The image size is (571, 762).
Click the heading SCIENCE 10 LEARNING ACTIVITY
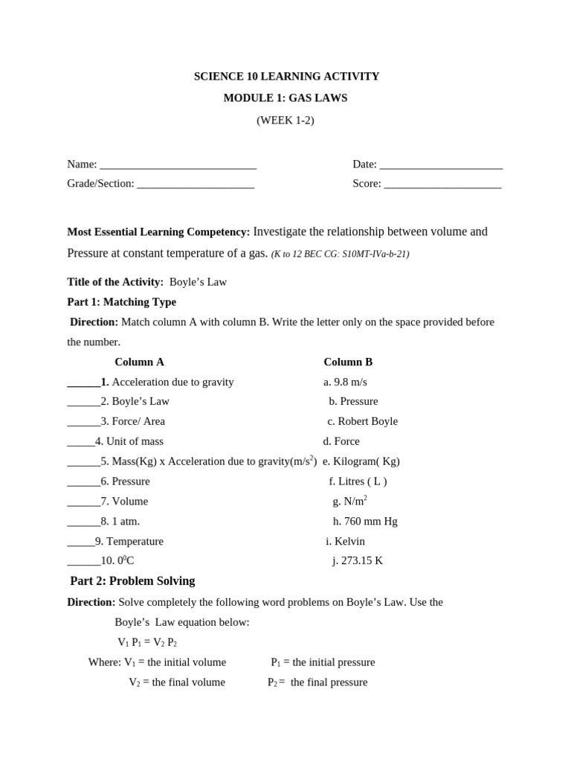(x=286, y=77)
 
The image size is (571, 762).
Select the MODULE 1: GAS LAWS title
(x=285, y=98)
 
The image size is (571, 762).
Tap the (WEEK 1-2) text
(x=285, y=121)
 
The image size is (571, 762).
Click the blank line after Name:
(x=178, y=166)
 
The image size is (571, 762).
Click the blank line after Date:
(x=441, y=166)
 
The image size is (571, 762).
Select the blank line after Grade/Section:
(x=196, y=185)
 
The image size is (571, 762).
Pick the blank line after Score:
(x=442, y=185)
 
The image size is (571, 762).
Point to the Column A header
(x=139, y=362)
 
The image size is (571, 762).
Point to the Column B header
(x=348, y=362)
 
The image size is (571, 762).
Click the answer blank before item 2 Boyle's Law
(x=83, y=403)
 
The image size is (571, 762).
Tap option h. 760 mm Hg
(x=365, y=521)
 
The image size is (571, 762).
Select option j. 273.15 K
(x=358, y=561)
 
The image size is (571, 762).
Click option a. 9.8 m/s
(x=345, y=382)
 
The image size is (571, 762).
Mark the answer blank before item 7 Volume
(x=83, y=502)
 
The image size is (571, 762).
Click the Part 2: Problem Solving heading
(x=132, y=581)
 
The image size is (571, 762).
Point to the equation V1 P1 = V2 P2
(x=147, y=642)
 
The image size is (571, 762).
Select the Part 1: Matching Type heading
(x=122, y=302)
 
